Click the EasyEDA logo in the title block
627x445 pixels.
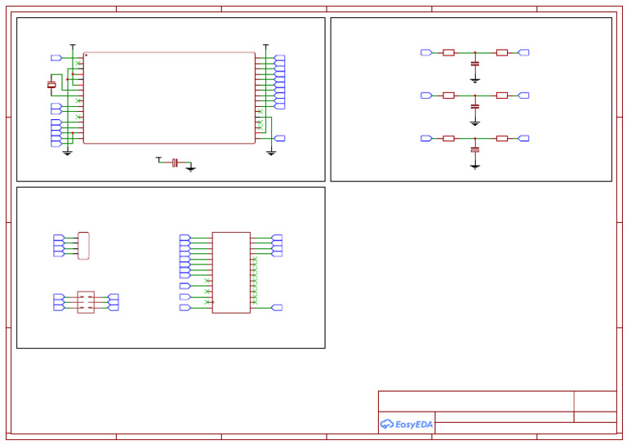pyautogui.click(x=407, y=424)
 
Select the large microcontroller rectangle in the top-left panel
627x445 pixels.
pyautogui.click(x=169, y=98)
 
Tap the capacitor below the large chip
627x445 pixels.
pyautogui.click(x=175, y=163)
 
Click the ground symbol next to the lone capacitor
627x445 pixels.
pyautogui.click(x=190, y=168)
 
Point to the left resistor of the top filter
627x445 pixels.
pyautogui.click(x=448, y=52)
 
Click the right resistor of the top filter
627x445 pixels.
pyautogui.click(x=501, y=52)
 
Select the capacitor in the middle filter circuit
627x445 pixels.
pyautogui.click(x=475, y=106)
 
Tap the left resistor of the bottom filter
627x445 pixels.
pyautogui.click(x=448, y=139)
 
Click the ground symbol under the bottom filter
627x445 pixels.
pyautogui.click(x=475, y=166)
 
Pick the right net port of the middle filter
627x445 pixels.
pyautogui.click(x=523, y=96)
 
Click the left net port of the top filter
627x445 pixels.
pyautogui.click(x=426, y=52)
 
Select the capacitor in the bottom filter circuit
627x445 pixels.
pyautogui.click(x=475, y=150)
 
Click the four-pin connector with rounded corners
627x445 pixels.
pyautogui.click(x=83, y=246)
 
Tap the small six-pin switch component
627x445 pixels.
pyautogui.click(x=86, y=302)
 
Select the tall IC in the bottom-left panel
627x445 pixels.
pyautogui.click(x=231, y=272)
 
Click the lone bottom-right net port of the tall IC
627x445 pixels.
pyautogui.click(x=277, y=308)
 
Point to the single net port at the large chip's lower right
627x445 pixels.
pyautogui.click(x=279, y=139)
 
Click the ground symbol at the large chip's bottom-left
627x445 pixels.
pyautogui.click(x=68, y=153)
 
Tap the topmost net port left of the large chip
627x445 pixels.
pyautogui.click(x=56, y=58)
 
